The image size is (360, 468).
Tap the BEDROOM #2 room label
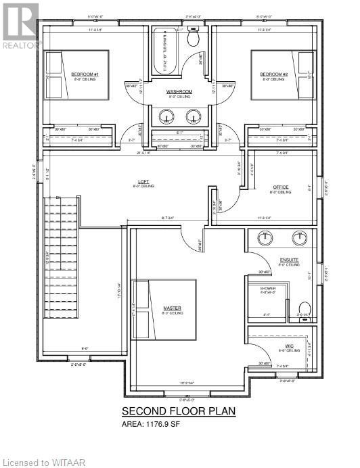(x=275, y=74)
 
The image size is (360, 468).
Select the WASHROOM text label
(x=179, y=91)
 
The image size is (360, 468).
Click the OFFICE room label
(x=282, y=187)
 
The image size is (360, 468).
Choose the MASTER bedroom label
(x=172, y=308)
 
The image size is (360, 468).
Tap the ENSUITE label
(x=290, y=260)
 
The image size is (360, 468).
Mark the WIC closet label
(x=289, y=346)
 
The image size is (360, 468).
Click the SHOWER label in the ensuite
(x=268, y=289)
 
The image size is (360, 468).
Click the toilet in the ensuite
(x=304, y=308)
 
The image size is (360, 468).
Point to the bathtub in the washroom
(x=164, y=51)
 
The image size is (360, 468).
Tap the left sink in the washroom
(x=165, y=116)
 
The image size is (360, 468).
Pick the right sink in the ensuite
(x=299, y=237)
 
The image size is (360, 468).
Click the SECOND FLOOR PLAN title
(x=179, y=411)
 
